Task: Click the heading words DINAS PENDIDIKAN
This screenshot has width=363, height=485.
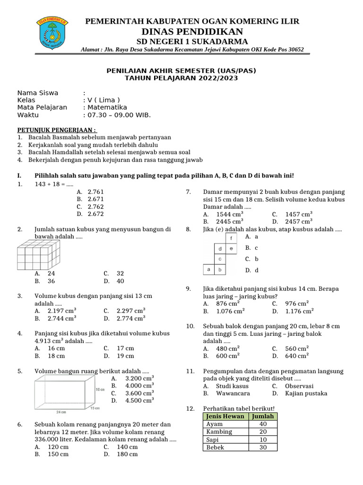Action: pos(192,32)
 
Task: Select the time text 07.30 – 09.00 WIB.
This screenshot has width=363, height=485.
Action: pos(117,115)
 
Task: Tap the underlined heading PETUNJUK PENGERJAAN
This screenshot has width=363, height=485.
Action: pos(57,129)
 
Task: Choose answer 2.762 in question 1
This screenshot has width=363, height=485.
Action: pos(95,207)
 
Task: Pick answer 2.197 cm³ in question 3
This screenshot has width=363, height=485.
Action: pos(62,311)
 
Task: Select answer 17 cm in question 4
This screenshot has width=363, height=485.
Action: pos(125,348)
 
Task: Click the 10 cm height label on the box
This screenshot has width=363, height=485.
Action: pos(100,389)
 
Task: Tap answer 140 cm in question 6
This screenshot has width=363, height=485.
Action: pos(127,447)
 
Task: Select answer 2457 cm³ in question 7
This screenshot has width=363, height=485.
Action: pos(299,221)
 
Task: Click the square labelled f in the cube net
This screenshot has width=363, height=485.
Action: pos(231,238)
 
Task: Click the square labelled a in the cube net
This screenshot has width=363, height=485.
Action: pos(208,269)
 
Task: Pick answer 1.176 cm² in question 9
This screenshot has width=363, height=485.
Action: pos(299,311)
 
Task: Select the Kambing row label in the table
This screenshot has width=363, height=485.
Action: pos(219,432)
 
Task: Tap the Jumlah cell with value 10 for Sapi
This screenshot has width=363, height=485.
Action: pos(263,440)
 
